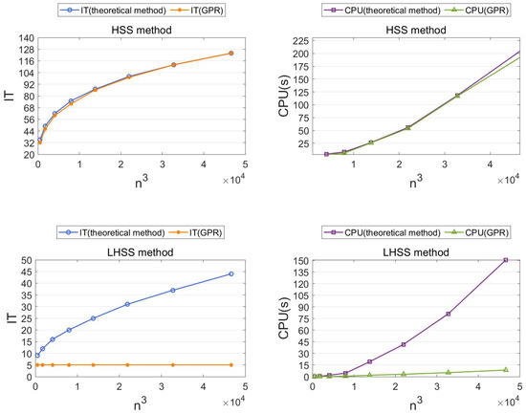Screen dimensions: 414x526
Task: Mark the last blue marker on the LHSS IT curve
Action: (x=230, y=273)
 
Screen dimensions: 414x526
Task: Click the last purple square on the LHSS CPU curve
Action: (x=506, y=259)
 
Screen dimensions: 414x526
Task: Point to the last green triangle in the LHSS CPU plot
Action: (x=506, y=369)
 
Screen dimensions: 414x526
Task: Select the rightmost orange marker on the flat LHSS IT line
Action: (x=230, y=364)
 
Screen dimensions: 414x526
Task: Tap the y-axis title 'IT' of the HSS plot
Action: (x=10, y=97)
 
